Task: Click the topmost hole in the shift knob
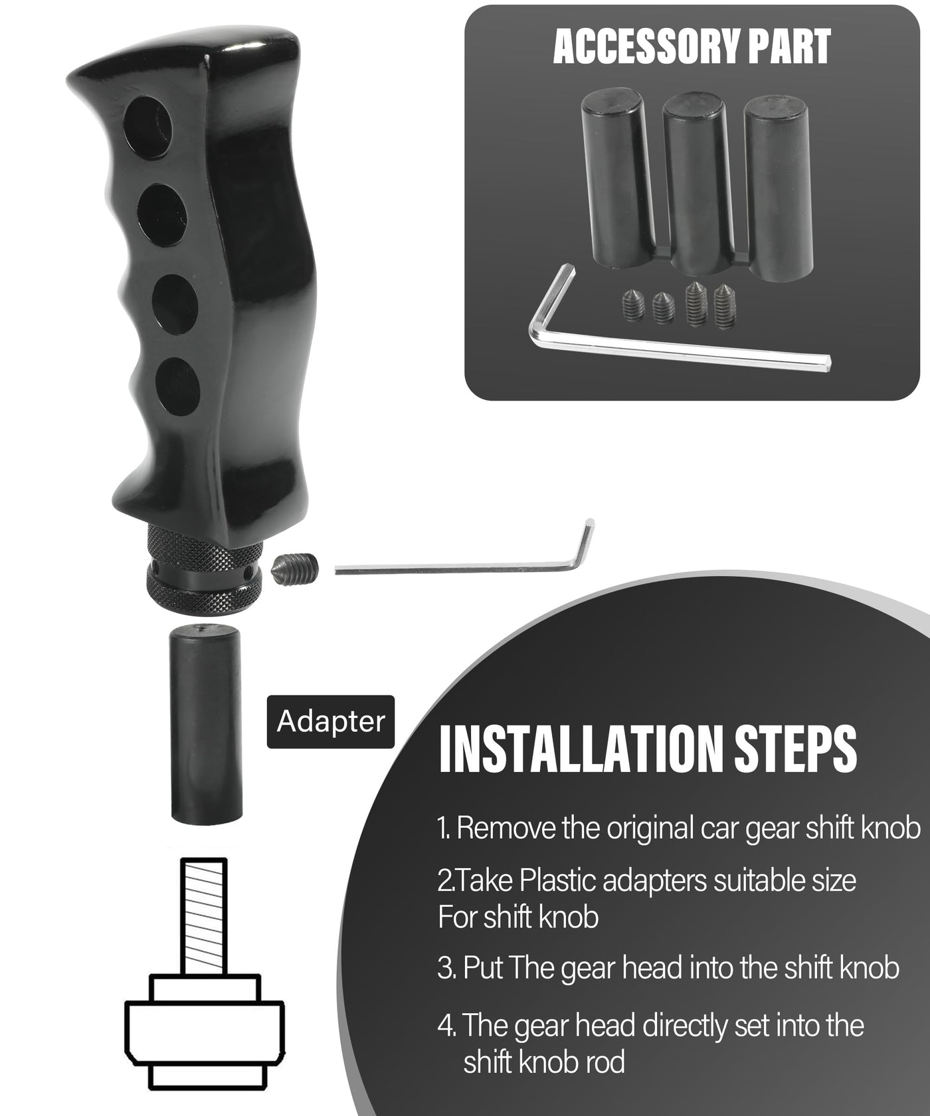click(147, 128)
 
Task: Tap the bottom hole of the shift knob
click(177, 387)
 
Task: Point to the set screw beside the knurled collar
click(295, 568)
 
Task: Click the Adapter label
click(331, 721)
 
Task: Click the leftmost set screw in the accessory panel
click(634, 306)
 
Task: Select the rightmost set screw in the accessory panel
click(724, 306)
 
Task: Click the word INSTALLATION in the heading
click(582, 749)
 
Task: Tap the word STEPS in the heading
click(796, 749)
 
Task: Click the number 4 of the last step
click(446, 1026)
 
